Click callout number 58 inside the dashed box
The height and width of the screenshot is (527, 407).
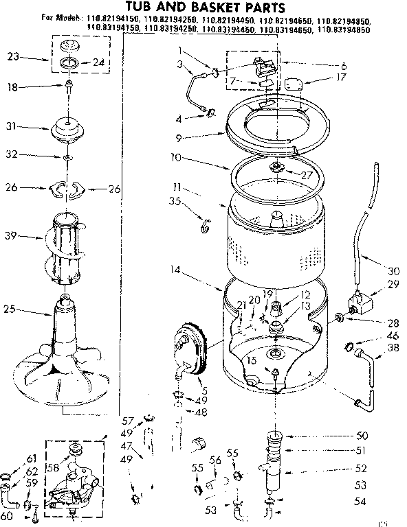click(x=54, y=468)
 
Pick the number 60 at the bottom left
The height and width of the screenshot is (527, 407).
click(x=8, y=515)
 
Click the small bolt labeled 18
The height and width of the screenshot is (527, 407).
click(x=69, y=88)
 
